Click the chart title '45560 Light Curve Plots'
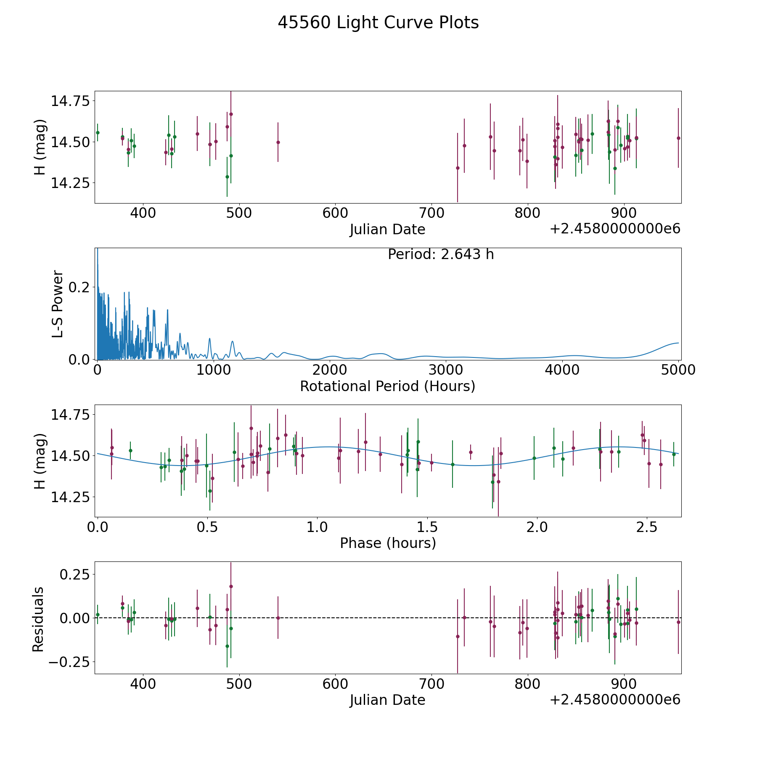tap(378, 23)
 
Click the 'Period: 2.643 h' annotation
tap(441, 254)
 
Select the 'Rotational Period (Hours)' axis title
tap(387, 386)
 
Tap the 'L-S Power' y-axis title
tap(58, 304)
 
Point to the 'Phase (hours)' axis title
tap(388, 543)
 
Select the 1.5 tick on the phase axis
tap(427, 527)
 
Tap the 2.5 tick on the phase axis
tap(646, 527)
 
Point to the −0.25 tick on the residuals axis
tap(71, 662)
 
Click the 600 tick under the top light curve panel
tap(335, 213)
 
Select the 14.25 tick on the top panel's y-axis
tap(70, 183)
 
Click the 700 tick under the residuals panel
tap(431, 684)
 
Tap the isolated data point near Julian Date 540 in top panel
tap(278, 142)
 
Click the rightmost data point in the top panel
tap(678, 138)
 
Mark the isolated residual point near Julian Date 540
tap(278, 618)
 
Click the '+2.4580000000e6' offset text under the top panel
tap(615, 229)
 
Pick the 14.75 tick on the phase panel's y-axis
tap(70, 415)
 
